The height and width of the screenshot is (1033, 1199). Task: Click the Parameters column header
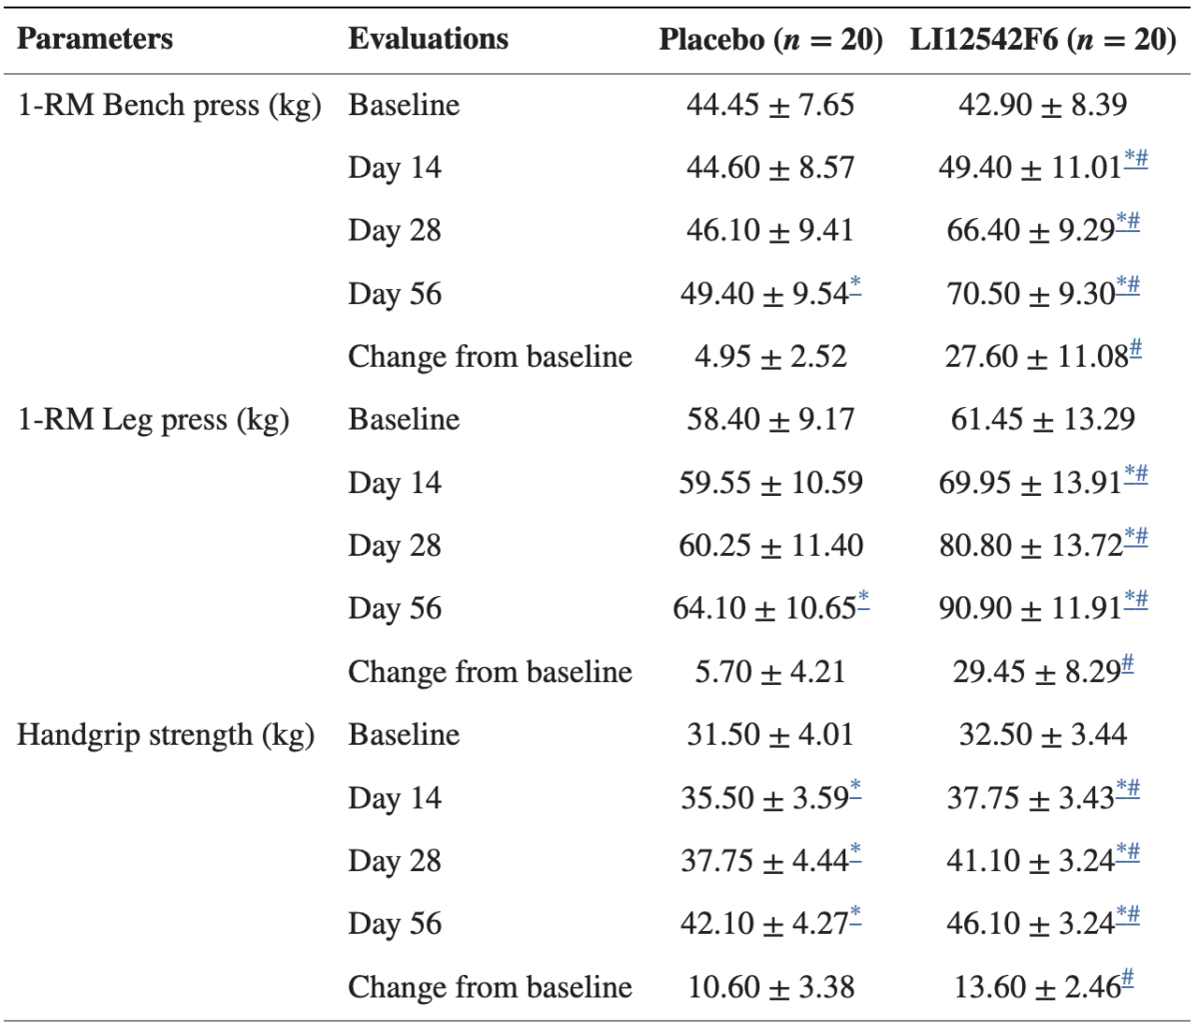pos(95,39)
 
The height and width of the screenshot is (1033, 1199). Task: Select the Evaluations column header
pos(428,39)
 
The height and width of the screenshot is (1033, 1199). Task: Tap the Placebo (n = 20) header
pos(770,40)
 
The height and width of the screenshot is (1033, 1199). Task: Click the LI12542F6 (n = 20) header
pos(1042,40)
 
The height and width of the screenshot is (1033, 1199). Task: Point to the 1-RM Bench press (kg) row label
pos(169,105)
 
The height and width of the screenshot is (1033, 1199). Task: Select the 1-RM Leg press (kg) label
pos(153,420)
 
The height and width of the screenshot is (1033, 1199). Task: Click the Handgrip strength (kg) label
pos(165,735)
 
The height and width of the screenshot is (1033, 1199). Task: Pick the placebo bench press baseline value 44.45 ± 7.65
pos(769,105)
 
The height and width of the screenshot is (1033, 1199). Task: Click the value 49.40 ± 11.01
pos(1029,168)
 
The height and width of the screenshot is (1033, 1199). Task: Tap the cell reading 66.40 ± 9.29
pos(1030,231)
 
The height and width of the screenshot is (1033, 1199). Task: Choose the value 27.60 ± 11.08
pos(1035,357)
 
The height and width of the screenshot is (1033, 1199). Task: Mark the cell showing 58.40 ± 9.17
pos(769,420)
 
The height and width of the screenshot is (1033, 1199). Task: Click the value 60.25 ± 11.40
pos(770,546)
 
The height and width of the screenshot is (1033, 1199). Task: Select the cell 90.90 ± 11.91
pos(1029,609)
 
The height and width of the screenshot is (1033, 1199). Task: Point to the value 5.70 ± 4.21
pos(769,672)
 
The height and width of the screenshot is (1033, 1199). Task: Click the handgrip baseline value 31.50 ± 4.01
pos(769,735)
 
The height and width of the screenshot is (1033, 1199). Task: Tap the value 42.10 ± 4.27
pos(763,924)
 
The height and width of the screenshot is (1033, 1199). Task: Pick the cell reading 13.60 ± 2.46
pos(1036,987)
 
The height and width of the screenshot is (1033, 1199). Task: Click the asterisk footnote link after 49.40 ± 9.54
pos(855,288)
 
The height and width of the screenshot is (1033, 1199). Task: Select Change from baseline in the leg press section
pos(490,672)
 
